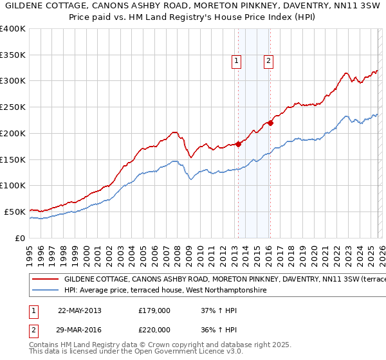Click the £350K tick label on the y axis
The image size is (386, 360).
coord(13,55)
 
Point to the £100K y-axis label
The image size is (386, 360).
coord(13,186)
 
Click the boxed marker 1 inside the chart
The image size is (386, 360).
coord(237,62)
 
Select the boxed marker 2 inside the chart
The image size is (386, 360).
coord(268,62)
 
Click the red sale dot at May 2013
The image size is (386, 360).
coord(238,144)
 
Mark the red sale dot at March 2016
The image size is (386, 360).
coord(271,123)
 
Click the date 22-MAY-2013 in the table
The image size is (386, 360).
coord(80,310)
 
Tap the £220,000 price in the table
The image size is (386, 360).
coord(154,329)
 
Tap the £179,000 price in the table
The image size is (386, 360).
coord(154,310)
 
